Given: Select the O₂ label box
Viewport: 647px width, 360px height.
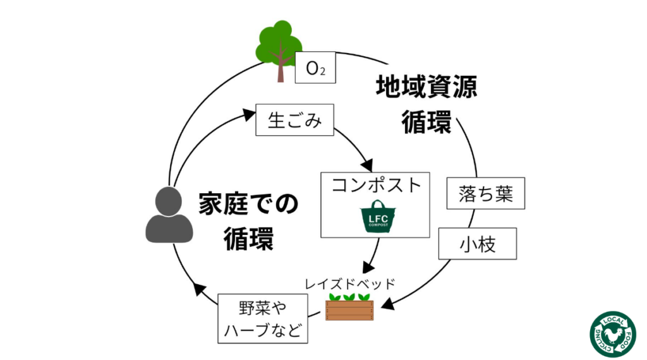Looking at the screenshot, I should (x=315, y=68).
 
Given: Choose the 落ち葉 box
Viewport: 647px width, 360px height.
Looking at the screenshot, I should (x=486, y=193).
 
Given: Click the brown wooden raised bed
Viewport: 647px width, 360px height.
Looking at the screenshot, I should (x=349, y=309).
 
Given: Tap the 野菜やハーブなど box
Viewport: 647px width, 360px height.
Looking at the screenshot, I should (x=263, y=318).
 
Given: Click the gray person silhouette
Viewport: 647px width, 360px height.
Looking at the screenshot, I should (x=169, y=216).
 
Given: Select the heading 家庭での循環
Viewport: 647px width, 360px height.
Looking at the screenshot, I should (x=248, y=221).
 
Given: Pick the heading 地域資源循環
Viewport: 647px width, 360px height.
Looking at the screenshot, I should (x=426, y=104).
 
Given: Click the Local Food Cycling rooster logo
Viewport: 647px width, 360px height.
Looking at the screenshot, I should (x=612, y=334).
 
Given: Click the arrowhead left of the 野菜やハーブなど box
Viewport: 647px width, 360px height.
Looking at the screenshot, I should (x=200, y=290).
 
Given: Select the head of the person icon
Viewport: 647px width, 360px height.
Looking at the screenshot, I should (x=169, y=201).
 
